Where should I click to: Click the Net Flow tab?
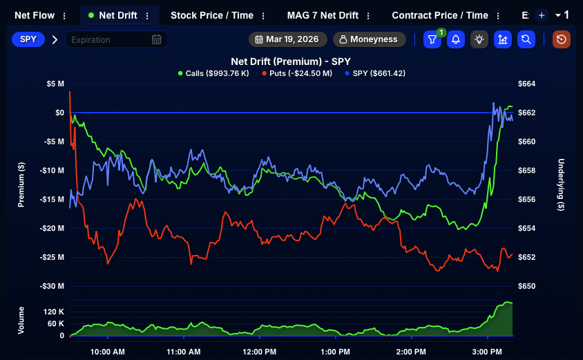tap(35, 15)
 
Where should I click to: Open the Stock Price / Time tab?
tap(211, 15)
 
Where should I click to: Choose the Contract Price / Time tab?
tap(439, 15)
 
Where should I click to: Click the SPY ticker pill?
tap(28, 39)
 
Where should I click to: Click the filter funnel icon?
tap(432, 39)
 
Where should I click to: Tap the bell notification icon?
tap(455, 39)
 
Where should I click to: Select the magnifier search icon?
tap(526, 39)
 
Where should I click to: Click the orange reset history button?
tap(561, 39)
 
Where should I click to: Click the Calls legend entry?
tap(213, 73)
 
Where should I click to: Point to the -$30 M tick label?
tap(52, 286)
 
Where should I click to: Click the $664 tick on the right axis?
tap(526, 84)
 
